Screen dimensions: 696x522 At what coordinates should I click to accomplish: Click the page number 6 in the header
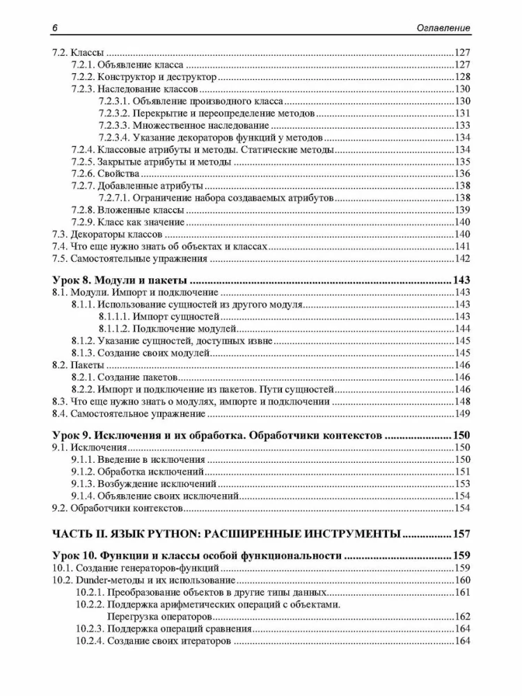pos(54,28)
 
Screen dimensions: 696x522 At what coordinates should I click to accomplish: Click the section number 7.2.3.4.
pos(114,137)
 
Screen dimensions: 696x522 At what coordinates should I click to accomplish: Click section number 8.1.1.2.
pos(114,329)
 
